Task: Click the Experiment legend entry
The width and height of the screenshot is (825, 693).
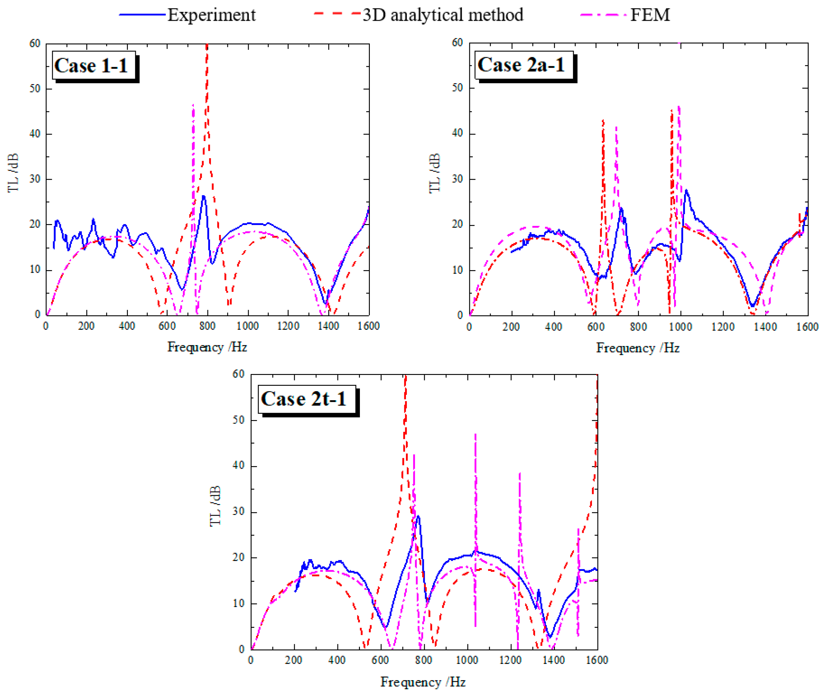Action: [211, 15]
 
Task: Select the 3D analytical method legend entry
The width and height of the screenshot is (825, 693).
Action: [443, 15]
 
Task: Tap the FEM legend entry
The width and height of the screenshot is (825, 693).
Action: [650, 15]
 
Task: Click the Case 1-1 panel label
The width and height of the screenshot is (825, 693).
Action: [91, 65]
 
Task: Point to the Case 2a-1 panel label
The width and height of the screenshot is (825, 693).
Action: [521, 65]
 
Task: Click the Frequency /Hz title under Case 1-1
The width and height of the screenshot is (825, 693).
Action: [207, 347]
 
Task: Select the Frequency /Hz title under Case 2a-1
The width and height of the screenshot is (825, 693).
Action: [638, 348]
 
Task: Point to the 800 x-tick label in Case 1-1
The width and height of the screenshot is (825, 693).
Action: [207, 326]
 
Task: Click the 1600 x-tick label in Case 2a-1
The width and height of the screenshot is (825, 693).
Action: [807, 327]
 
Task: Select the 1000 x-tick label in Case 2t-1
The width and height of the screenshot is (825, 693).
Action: [467, 660]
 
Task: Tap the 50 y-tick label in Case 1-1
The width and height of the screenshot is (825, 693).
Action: [35, 89]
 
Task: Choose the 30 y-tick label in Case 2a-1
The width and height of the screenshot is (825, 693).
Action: [458, 179]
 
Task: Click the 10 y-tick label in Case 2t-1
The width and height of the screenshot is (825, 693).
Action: [238, 603]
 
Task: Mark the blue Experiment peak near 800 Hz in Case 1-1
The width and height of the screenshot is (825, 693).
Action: [204, 196]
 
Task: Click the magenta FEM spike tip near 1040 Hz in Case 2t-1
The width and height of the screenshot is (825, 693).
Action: [475, 434]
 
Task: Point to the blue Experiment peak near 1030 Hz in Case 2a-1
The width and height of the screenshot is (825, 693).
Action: [686, 190]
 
